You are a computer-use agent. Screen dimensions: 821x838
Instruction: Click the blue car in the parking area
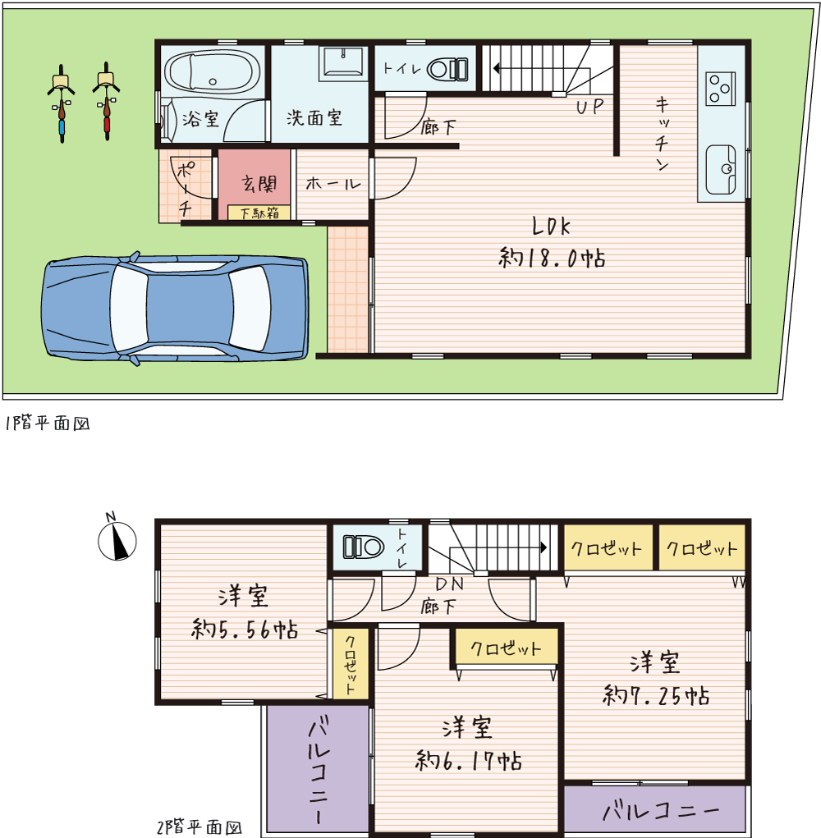tap(175, 309)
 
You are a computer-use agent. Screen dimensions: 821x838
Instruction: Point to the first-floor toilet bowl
tap(447, 70)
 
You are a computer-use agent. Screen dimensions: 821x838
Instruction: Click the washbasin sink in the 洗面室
tap(343, 64)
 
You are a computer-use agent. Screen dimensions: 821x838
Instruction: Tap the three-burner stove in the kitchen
tap(720, 89)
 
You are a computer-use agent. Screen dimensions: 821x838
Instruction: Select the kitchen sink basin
tap(721, 170)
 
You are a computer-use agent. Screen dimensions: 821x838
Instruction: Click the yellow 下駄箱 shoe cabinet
tap(259, 213)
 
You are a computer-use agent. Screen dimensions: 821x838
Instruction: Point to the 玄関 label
tap(259, 183)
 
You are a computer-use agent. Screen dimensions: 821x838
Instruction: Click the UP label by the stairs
tap(590, 107)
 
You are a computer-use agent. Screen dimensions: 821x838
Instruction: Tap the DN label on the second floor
tap(450, 584)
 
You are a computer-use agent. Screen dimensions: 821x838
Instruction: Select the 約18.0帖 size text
tap(553, 258)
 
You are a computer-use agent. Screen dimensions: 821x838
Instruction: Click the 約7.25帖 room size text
tap(656, 695)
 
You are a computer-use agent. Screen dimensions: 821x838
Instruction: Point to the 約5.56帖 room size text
tap(245, 629)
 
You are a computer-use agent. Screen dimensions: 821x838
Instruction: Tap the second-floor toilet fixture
tap(364, 547)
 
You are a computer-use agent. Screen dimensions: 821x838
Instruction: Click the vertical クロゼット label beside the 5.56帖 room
tap(350, 665)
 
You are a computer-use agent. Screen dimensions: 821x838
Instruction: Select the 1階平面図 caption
tap(47, 424)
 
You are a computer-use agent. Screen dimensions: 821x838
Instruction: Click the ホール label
tap(333, 184)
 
